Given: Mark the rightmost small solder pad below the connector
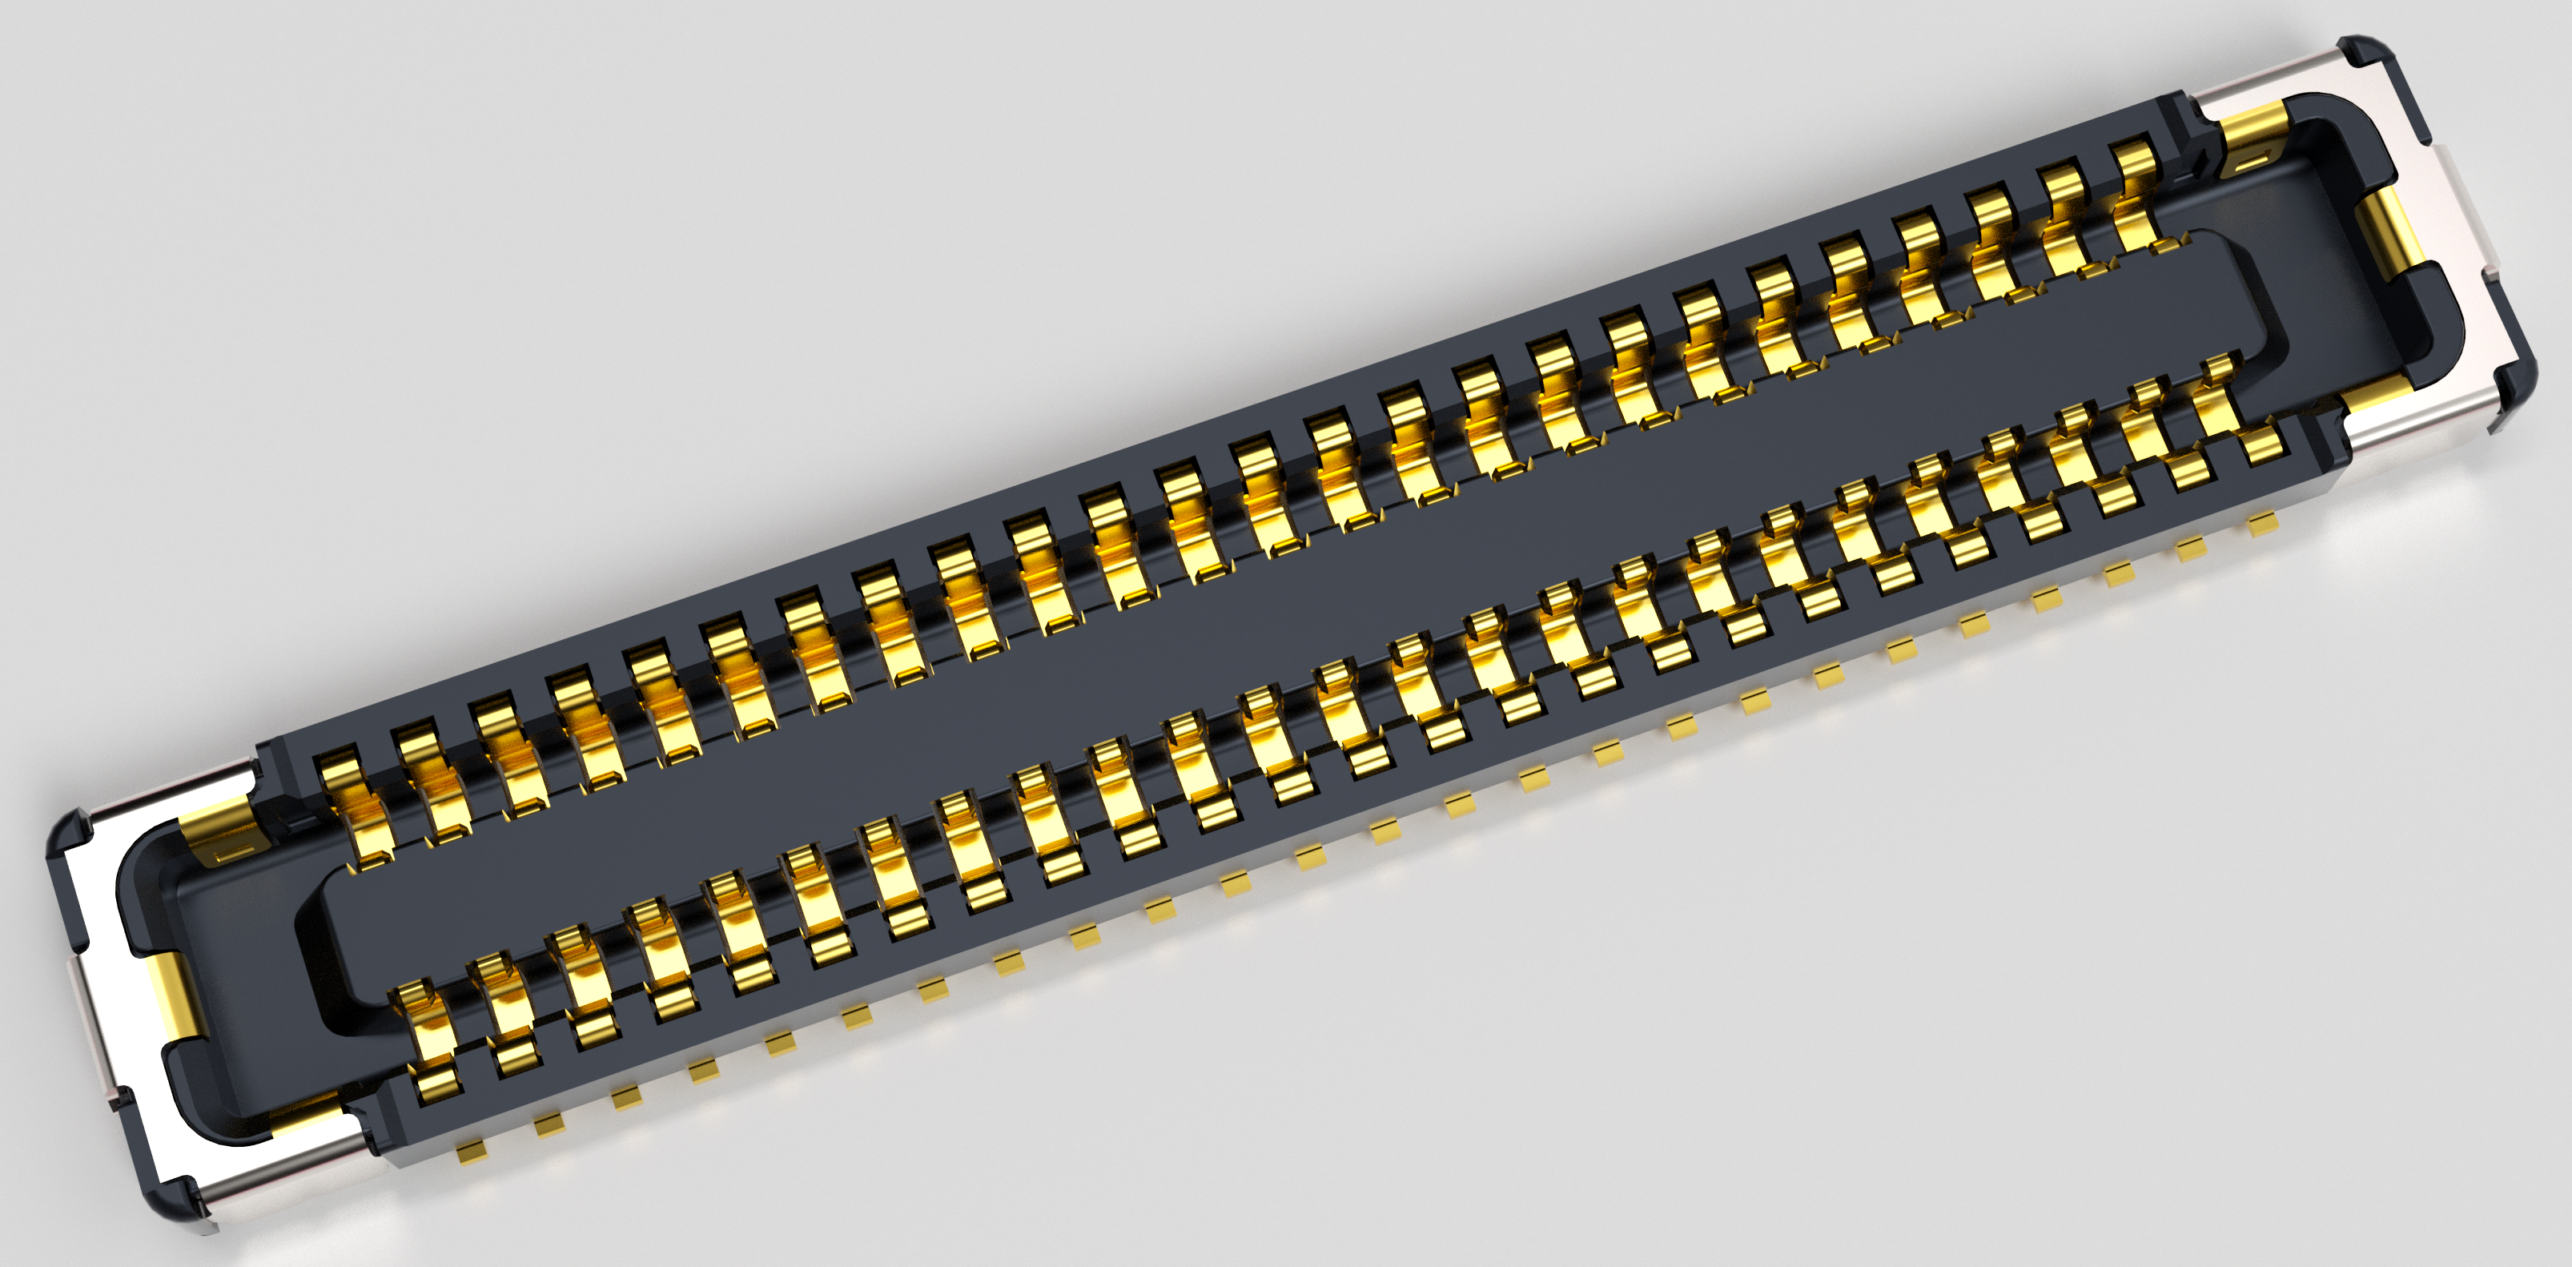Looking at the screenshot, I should click(x=2262, y=524).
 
